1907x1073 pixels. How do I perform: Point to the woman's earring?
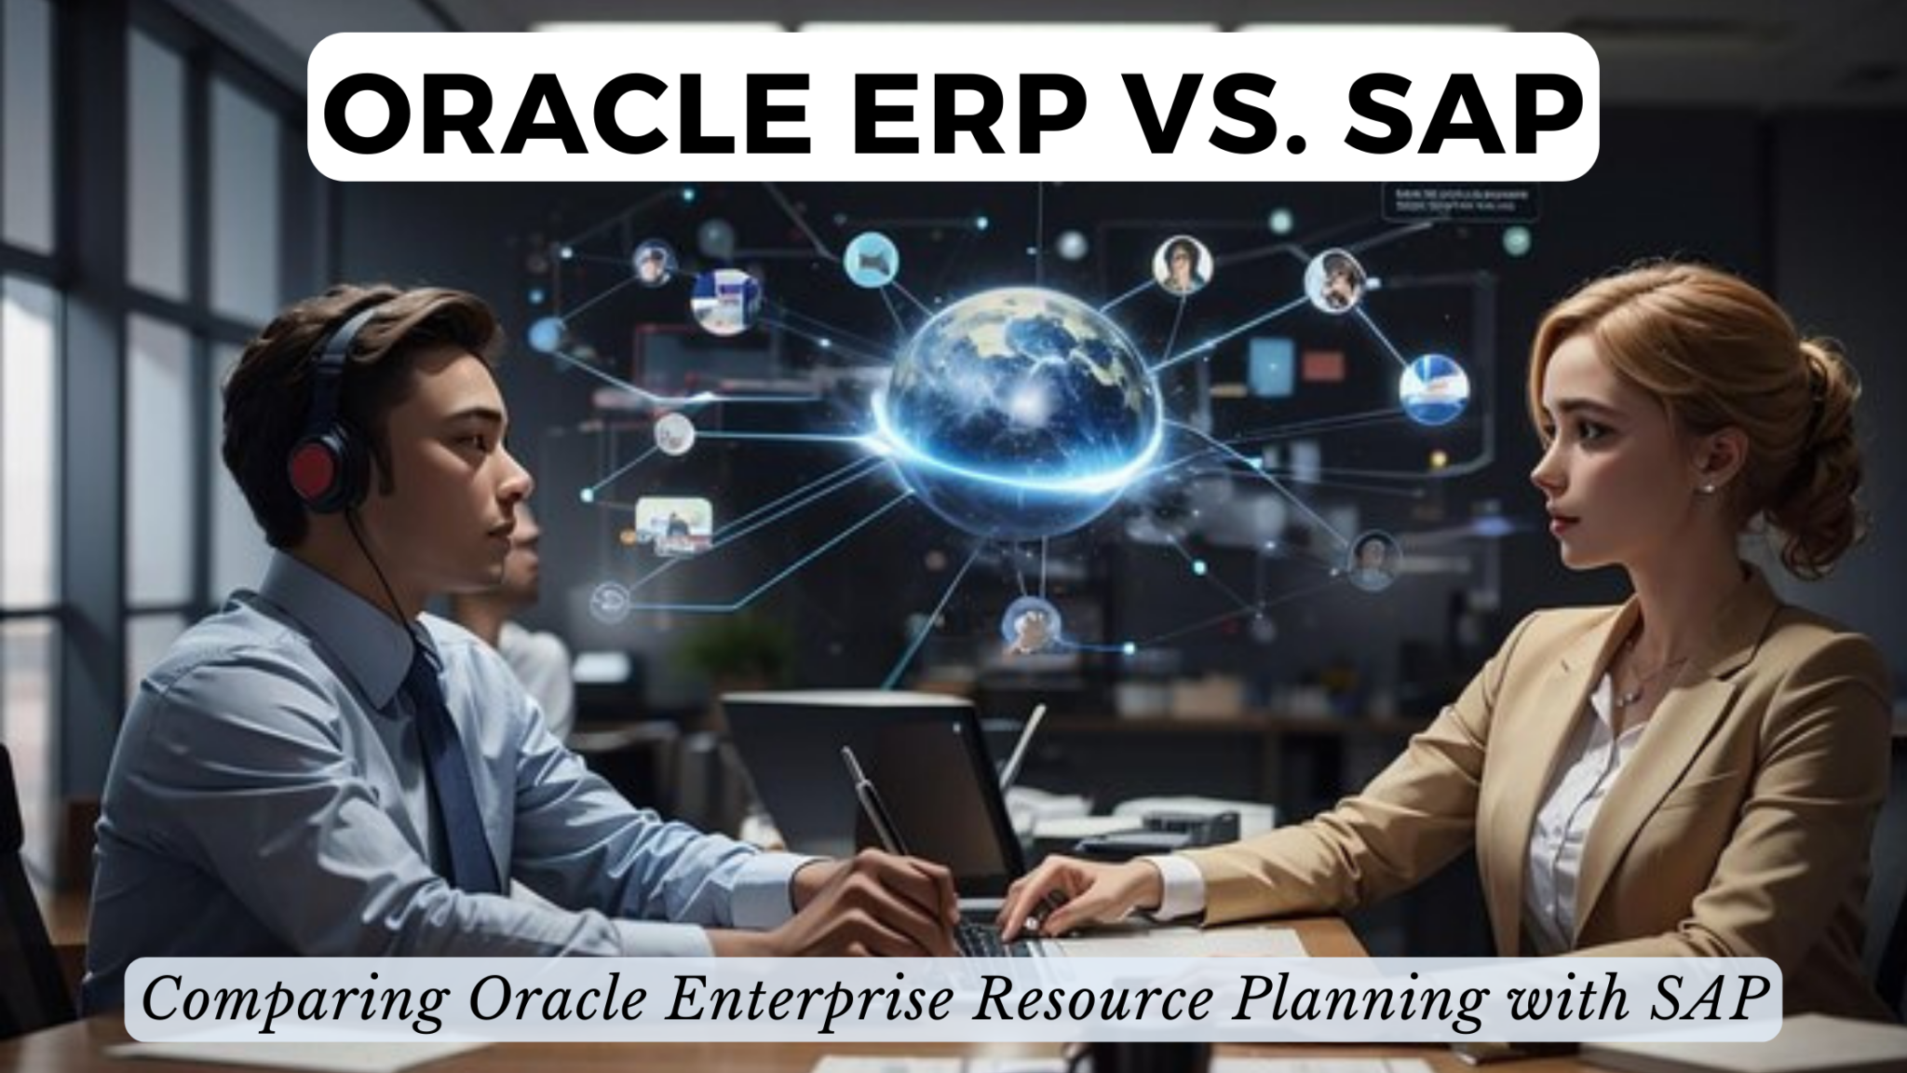[x=1706, y=487]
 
